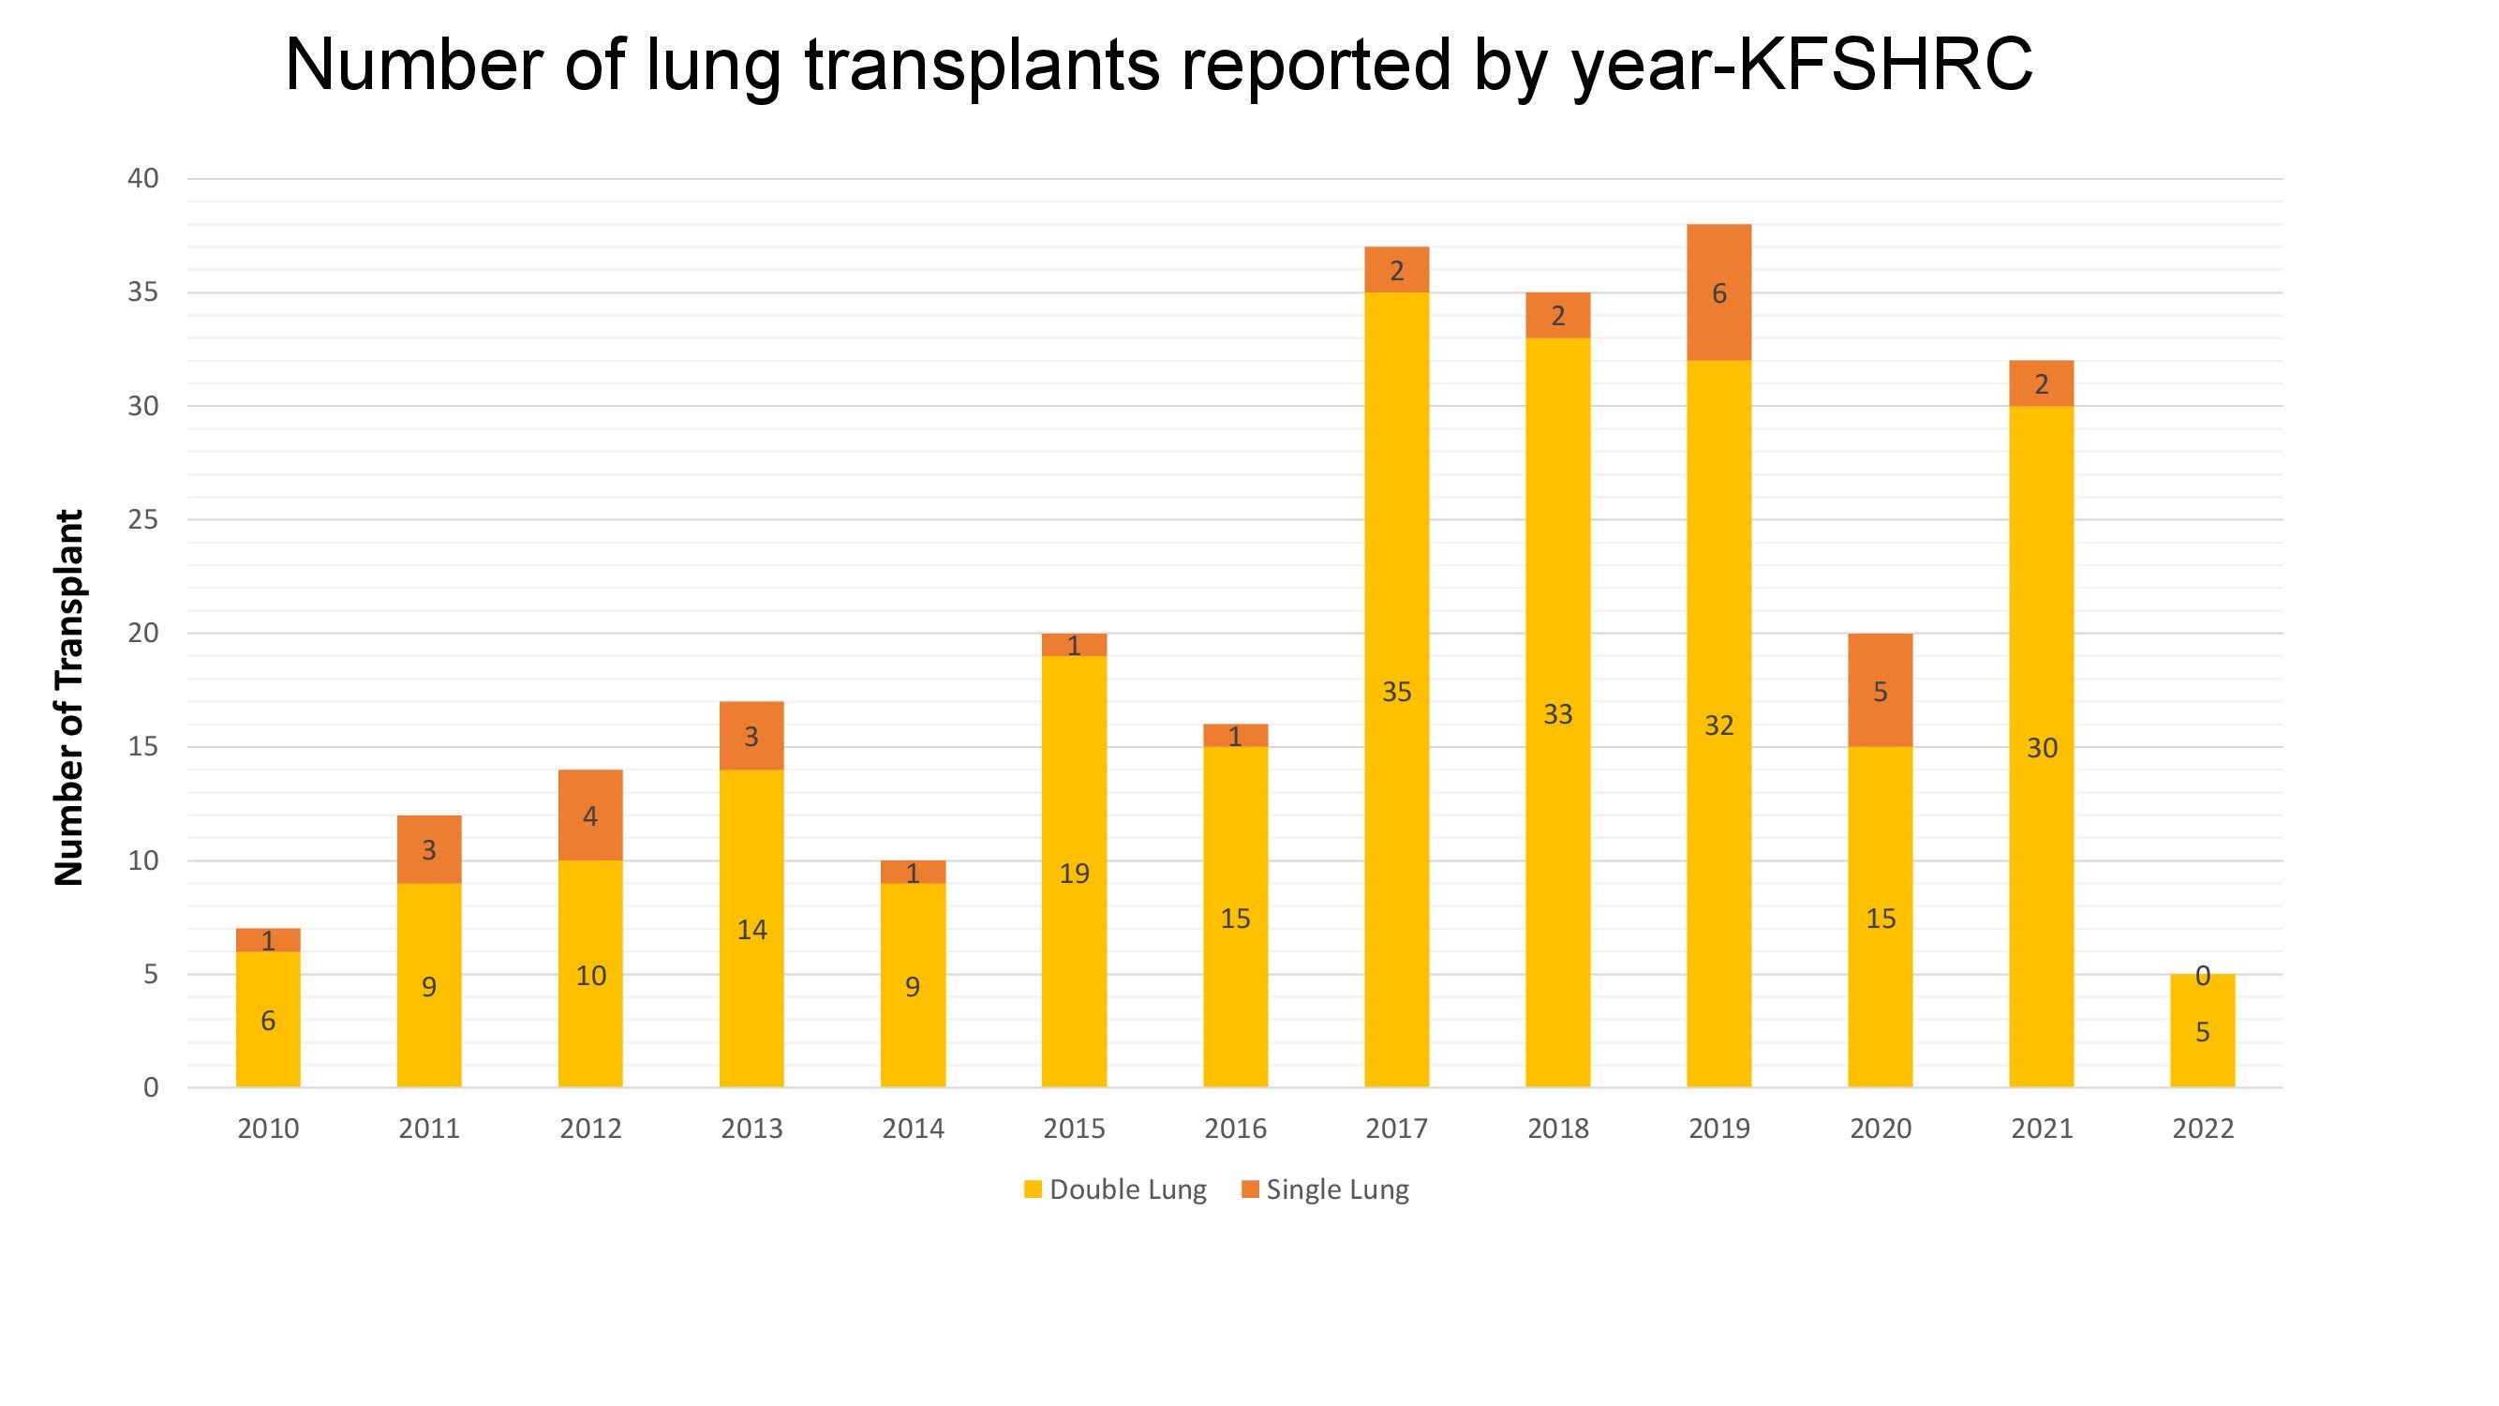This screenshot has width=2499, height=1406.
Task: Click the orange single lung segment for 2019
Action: (x=1718, y=292)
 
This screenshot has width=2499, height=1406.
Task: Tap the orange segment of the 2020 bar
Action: (x=1879, y=690)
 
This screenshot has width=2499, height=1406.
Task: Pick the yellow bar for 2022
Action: (x=2202, y=1030)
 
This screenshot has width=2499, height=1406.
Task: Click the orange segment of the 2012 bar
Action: (x=589, y=815)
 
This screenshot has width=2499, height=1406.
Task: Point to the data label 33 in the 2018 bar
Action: (x=1557, y=714)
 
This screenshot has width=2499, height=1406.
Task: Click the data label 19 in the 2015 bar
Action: (x=1074, y=874)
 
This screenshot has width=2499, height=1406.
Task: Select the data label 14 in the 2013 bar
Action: (x=751, y=930)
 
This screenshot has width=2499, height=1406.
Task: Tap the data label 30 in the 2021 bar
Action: (x=2041, y=748)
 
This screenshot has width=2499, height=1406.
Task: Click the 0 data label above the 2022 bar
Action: (x=2202, y=976)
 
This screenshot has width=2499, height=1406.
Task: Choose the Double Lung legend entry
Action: (x=1116, y=1189)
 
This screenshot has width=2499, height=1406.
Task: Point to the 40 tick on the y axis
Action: (x=142, y=178)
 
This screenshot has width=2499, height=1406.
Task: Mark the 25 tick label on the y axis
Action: (x=142, y=520)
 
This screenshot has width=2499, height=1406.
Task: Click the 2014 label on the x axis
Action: (x=912, y=1129)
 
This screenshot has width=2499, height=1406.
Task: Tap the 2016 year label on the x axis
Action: (x=1235, y=1129)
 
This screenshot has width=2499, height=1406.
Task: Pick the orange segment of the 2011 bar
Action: (x=429, y=849)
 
